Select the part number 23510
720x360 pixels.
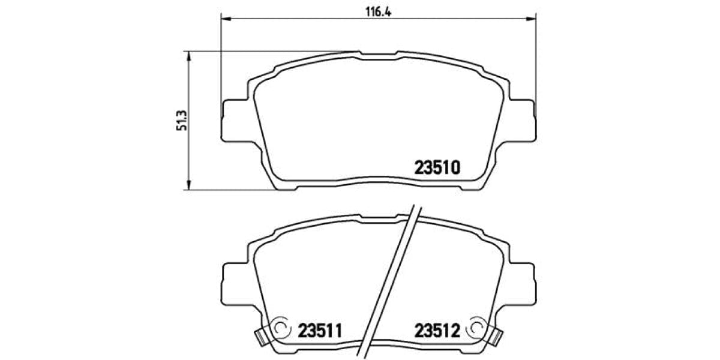pos(437,168)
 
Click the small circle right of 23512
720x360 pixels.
pos(476,328)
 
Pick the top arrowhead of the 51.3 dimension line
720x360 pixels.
pos(189,56)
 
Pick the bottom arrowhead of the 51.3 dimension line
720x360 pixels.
pos(189,187)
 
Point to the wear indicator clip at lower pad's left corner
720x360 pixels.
pos(259,336)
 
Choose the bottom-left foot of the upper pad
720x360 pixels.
pos(286,187)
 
